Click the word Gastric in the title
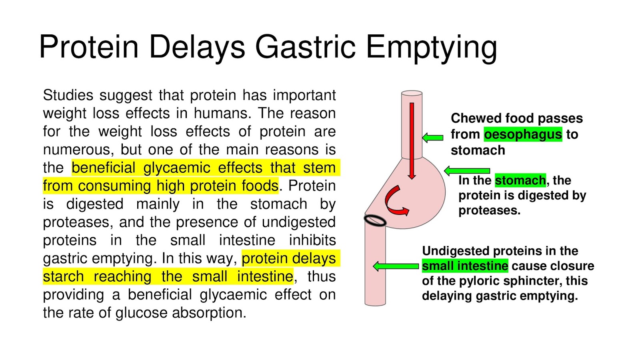(305, 47)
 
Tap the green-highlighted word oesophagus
(523, 134)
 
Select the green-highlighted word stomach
(520, 180)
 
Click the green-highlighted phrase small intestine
(465, 266)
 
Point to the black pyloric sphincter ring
(375, 220)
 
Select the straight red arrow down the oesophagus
(412, 140)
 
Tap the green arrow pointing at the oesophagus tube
(433, 138)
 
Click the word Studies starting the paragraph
(68, 95)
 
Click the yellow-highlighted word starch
(63, 276)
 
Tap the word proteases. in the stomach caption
(489, 210)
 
